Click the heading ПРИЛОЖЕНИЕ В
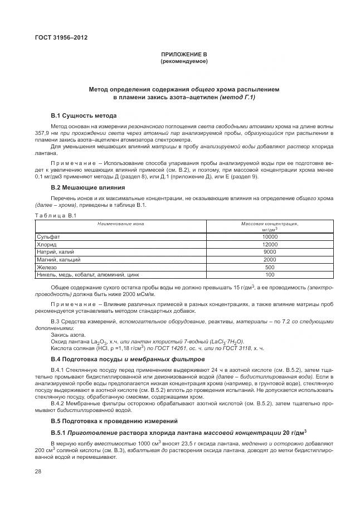[184, 54]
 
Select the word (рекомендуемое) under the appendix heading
[184, 61]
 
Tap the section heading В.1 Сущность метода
[84, 115]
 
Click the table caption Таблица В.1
[52, 215]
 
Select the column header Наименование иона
[120, 224]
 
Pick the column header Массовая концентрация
[270, 224]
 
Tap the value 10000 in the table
[270, 236]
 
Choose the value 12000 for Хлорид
[270, 244]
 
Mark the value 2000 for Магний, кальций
[270, 259]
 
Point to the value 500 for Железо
[270, 267]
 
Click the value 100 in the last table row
[270, 274]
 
